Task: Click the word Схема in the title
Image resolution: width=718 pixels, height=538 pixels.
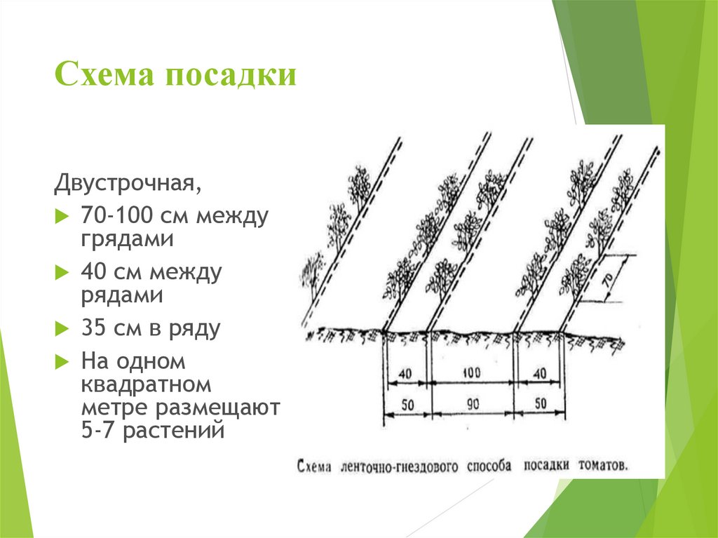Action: click(104, 74)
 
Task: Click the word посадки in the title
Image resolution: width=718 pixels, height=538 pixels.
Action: click(231, 74)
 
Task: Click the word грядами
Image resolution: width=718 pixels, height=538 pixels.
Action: click(128, 239)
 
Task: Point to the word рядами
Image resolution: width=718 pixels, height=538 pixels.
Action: click(122, 295)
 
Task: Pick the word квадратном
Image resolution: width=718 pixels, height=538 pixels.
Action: click(146, 384)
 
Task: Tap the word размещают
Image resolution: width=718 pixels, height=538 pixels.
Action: click(218, 408)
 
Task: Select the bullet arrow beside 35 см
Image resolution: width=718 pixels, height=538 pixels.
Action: click(62, 328)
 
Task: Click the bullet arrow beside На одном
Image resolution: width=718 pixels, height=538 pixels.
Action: click(62, 361)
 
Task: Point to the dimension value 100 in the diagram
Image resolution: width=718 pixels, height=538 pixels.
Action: click(471, 372)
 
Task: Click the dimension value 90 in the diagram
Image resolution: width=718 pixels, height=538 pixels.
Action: click(473, 404)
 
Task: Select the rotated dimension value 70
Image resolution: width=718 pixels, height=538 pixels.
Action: click(608, 281)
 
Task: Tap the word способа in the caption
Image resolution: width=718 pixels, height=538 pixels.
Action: click(489, 466)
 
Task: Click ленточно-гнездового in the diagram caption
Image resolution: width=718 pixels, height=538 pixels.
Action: click(399, 466)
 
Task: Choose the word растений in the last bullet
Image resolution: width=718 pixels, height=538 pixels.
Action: click(174, 431)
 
